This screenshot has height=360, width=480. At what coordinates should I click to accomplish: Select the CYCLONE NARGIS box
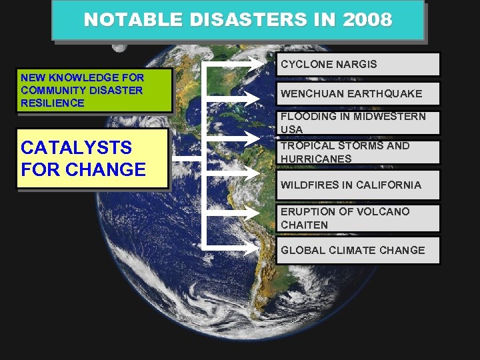pyautogui.click(x=359, y=65)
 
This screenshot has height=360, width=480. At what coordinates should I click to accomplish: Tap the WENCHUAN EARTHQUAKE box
pyautogui.click(x=359, y=94)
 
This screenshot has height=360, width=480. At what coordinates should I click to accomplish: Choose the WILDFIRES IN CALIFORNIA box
pyautogui.click(x=359, y=185)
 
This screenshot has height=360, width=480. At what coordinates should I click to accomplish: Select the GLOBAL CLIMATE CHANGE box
pyautogui.click(x=359, y=251)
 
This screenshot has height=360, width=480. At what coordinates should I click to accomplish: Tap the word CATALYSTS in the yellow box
pyautogui.click(x=76, y=147)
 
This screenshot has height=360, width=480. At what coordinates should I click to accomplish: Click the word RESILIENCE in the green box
pyautogui.click(x=53, y=103)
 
